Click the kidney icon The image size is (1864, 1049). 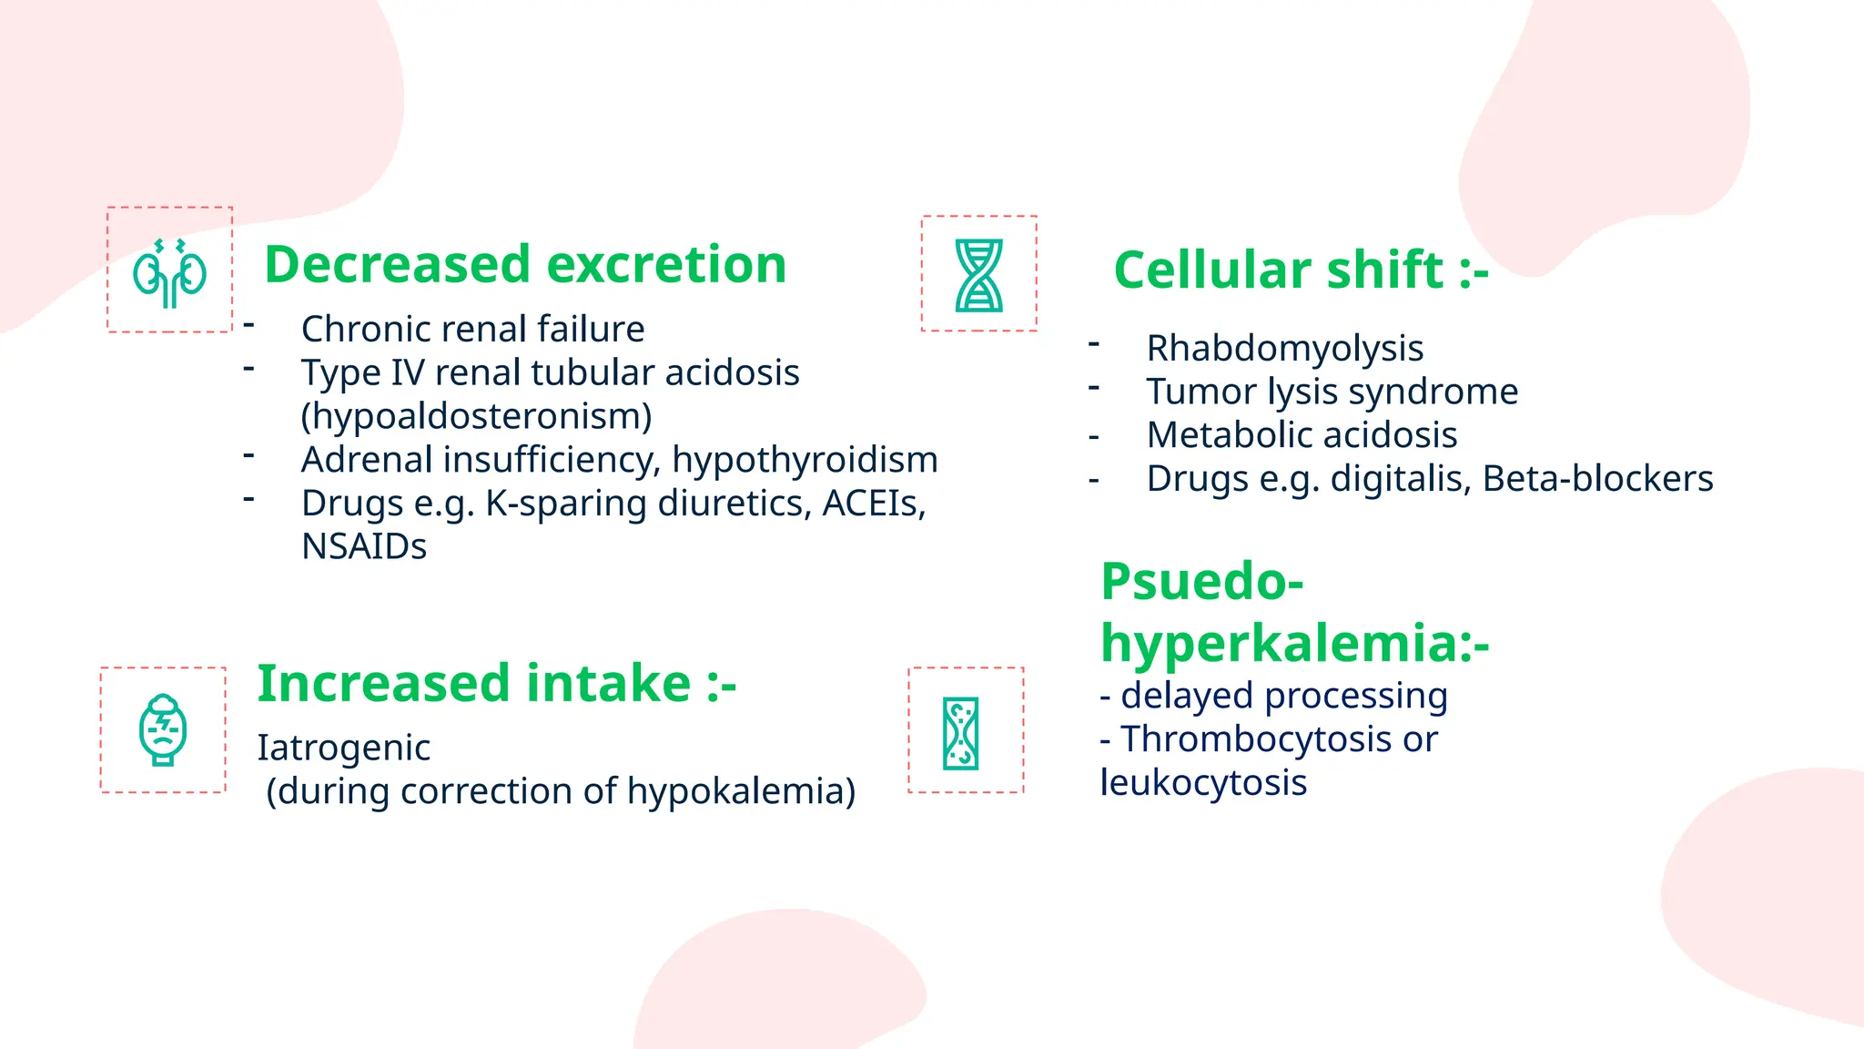point(169,272)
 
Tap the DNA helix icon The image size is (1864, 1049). point(978,275)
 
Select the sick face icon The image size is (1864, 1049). point(163,730)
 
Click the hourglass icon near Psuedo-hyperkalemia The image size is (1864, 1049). point(961,733)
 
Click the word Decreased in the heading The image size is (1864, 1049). point(397,265)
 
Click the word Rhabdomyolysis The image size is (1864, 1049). point(1284,349)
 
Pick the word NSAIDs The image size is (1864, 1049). point(364,546)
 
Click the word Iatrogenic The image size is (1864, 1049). point(343,748)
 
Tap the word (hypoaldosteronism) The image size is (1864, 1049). point(476,416)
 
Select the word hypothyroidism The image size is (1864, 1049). point(805,460)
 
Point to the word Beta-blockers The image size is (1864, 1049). point(1597,479)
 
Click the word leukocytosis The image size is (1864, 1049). point(1202,783)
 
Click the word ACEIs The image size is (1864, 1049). point(873,504)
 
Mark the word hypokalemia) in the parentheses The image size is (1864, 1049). point(741,791)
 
